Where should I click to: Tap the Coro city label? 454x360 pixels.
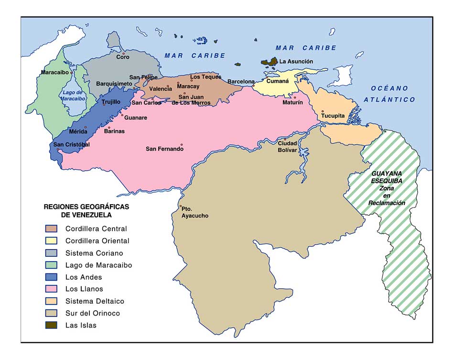(123, 57)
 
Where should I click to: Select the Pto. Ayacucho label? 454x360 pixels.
(195, 212)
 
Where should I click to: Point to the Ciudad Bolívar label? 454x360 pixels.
(288, 146)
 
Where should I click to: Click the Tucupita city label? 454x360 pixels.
(333, 116)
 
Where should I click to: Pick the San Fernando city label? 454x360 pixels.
(164, 149)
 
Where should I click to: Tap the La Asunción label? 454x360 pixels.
(296, 61)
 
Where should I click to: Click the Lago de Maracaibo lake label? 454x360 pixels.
(73, 95)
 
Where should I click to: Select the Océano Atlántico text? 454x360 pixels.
(389, 94)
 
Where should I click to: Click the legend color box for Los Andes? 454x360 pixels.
(51, 277)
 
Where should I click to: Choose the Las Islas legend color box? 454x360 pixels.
(51, 325)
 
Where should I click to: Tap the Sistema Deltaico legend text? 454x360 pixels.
(95, 301)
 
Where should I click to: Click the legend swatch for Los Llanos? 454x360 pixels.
(51, 289)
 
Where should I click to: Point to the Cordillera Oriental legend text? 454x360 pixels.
(97, 241)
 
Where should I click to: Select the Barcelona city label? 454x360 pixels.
(241, 82)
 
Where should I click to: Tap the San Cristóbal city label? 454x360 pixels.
(71, 144)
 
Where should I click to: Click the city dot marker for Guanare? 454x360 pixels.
(122, 115)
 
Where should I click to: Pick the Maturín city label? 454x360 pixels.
(292, 102)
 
